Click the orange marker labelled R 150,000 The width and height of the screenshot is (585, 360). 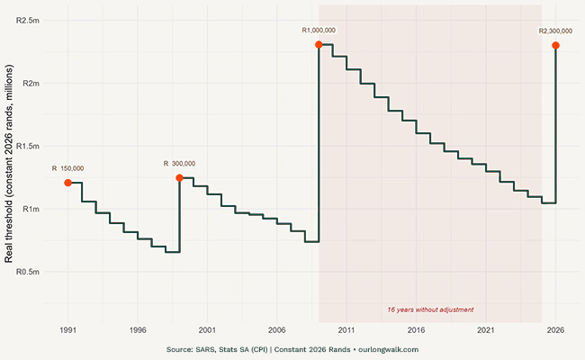pos(67,183)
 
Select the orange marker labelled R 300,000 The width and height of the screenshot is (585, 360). pos(179,178)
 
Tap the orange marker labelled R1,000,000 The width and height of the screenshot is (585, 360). pos(319,44)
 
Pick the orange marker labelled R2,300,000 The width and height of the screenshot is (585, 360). pos(556,45)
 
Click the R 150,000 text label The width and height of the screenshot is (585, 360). pos(67,168)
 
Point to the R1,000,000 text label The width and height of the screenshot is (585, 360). pos(319,31)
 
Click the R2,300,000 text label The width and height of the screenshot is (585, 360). pos(555,31)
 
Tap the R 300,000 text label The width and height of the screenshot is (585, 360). pos(179,163)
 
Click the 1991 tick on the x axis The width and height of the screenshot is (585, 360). pos(67,330)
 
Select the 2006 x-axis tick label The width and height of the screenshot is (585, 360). pos(276,330)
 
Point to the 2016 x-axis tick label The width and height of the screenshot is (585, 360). pos(416,330)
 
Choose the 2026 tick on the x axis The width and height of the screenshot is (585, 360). pos(555,330)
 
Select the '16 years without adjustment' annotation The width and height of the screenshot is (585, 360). pos(430,310)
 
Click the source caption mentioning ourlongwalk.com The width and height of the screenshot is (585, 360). pos(292,349)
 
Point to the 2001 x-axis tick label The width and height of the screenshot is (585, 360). pos(207,330)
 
